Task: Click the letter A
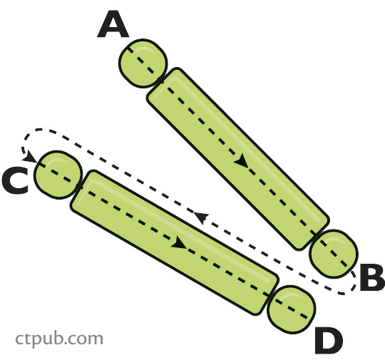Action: click(x=113, y=24)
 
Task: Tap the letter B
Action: click(x=372, y=277)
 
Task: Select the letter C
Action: click(x=15, y=181)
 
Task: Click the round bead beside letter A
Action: click(x=143, y=63)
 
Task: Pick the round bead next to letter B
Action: click(x=334, y=254)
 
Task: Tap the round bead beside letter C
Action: click(x=58, y=175)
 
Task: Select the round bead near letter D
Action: click(x=292, y=309)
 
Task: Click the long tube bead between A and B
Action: click(x=238, y=159)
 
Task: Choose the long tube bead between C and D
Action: click(x=175, y=242)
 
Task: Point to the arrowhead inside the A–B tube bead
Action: click(x=242, y=161)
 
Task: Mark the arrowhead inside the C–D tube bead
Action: click(x=179, y=243)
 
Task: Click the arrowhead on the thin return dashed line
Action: click(x=201, y=217)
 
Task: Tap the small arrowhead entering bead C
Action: click(x=30, y=157)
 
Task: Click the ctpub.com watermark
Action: click(x=59, y=339)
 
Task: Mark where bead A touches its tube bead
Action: click(x=161, y=79)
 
